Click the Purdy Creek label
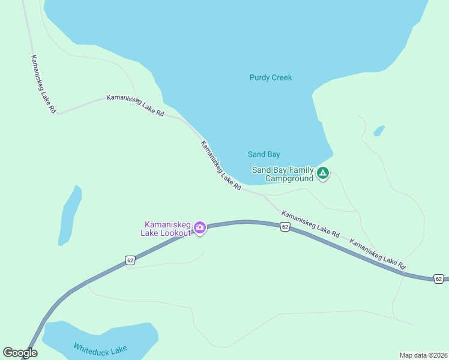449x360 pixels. point(270,77)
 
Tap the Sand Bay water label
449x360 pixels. point(264,154)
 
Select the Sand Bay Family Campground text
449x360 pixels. point(283,174)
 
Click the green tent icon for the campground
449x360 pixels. point(323,174)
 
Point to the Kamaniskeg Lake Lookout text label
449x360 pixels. point(166,228)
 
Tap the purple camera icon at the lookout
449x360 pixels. point(200,227)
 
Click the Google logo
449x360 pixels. point(20,353)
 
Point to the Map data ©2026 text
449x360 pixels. point(423,355)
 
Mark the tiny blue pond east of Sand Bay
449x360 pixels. point(379,130)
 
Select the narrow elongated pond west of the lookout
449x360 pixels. point(70,215)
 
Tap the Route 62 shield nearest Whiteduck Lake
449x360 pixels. point(130,260)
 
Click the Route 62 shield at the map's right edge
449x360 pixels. point(439,279)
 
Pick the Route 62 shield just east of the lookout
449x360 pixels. point(285,226)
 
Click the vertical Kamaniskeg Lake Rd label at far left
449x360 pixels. point(43,85)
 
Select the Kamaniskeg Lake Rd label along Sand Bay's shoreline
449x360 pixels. point(221,166)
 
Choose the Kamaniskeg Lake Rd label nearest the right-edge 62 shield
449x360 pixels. point(378,254)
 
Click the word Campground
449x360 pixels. point(289,178)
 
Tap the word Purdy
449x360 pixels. point(259,77)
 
